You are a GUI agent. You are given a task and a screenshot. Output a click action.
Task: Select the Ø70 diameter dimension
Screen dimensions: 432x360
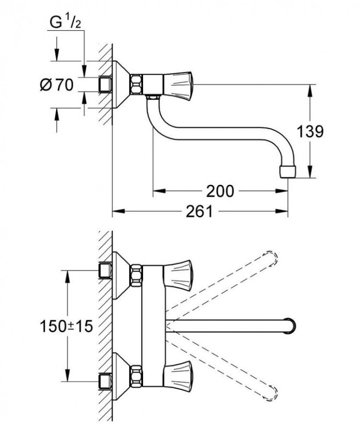pos(57,85)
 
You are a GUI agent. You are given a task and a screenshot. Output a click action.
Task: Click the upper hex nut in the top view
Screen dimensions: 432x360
pos(136,274)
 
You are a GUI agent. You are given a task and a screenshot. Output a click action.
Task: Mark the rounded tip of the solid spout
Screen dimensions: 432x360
pos(292,325)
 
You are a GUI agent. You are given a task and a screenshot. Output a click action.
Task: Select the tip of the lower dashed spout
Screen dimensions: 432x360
pos(272,391)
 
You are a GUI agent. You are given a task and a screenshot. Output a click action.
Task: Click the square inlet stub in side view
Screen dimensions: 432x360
pos(105,85)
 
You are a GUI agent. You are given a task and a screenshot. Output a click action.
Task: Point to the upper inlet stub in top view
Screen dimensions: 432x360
pos(105,270)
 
